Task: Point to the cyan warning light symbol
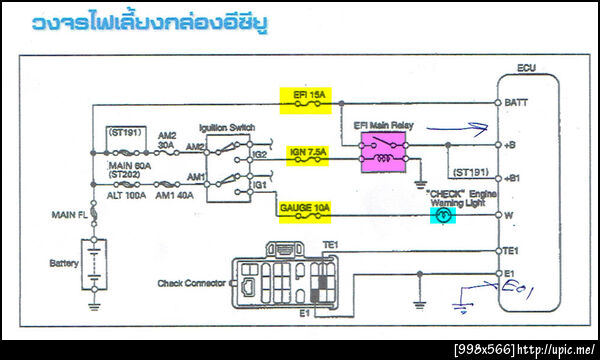pos(445,214)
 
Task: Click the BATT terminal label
pos(518,103)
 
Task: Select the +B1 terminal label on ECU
pos(516,177)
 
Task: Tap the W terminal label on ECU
pos(510,214)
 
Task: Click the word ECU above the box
pos(527,68)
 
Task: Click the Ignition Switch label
pos(227,128)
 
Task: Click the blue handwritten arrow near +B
pos(463,127)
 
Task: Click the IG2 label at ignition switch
pos(260,155)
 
